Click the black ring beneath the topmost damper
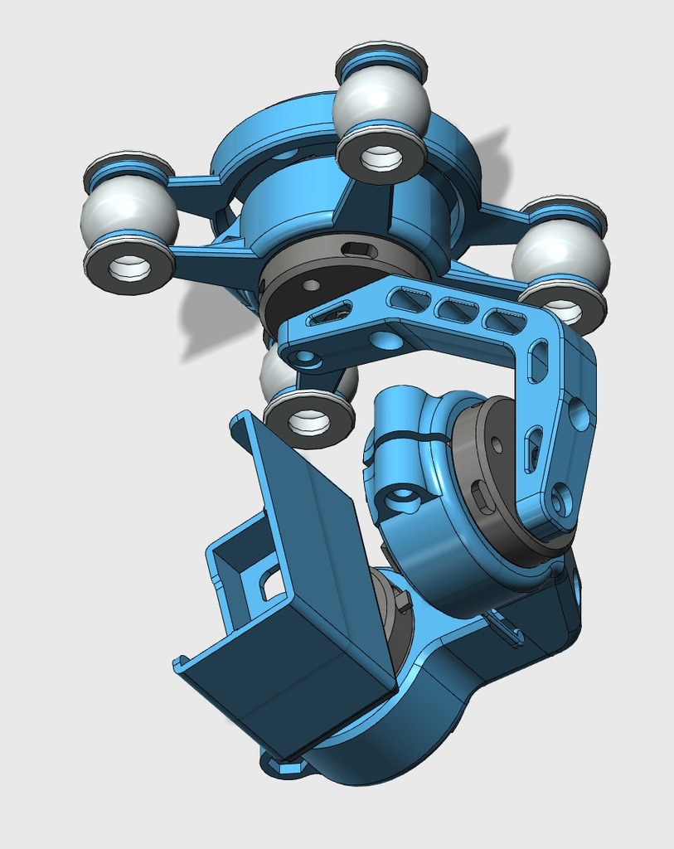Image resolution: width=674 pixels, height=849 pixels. point(381,158)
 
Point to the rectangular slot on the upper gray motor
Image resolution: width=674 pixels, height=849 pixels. point(359,250)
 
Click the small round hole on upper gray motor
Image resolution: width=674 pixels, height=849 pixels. point(311,285)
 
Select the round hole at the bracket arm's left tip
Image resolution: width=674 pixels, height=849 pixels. point(305,359)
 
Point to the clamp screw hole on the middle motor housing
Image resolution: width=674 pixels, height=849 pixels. point(404,497)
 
